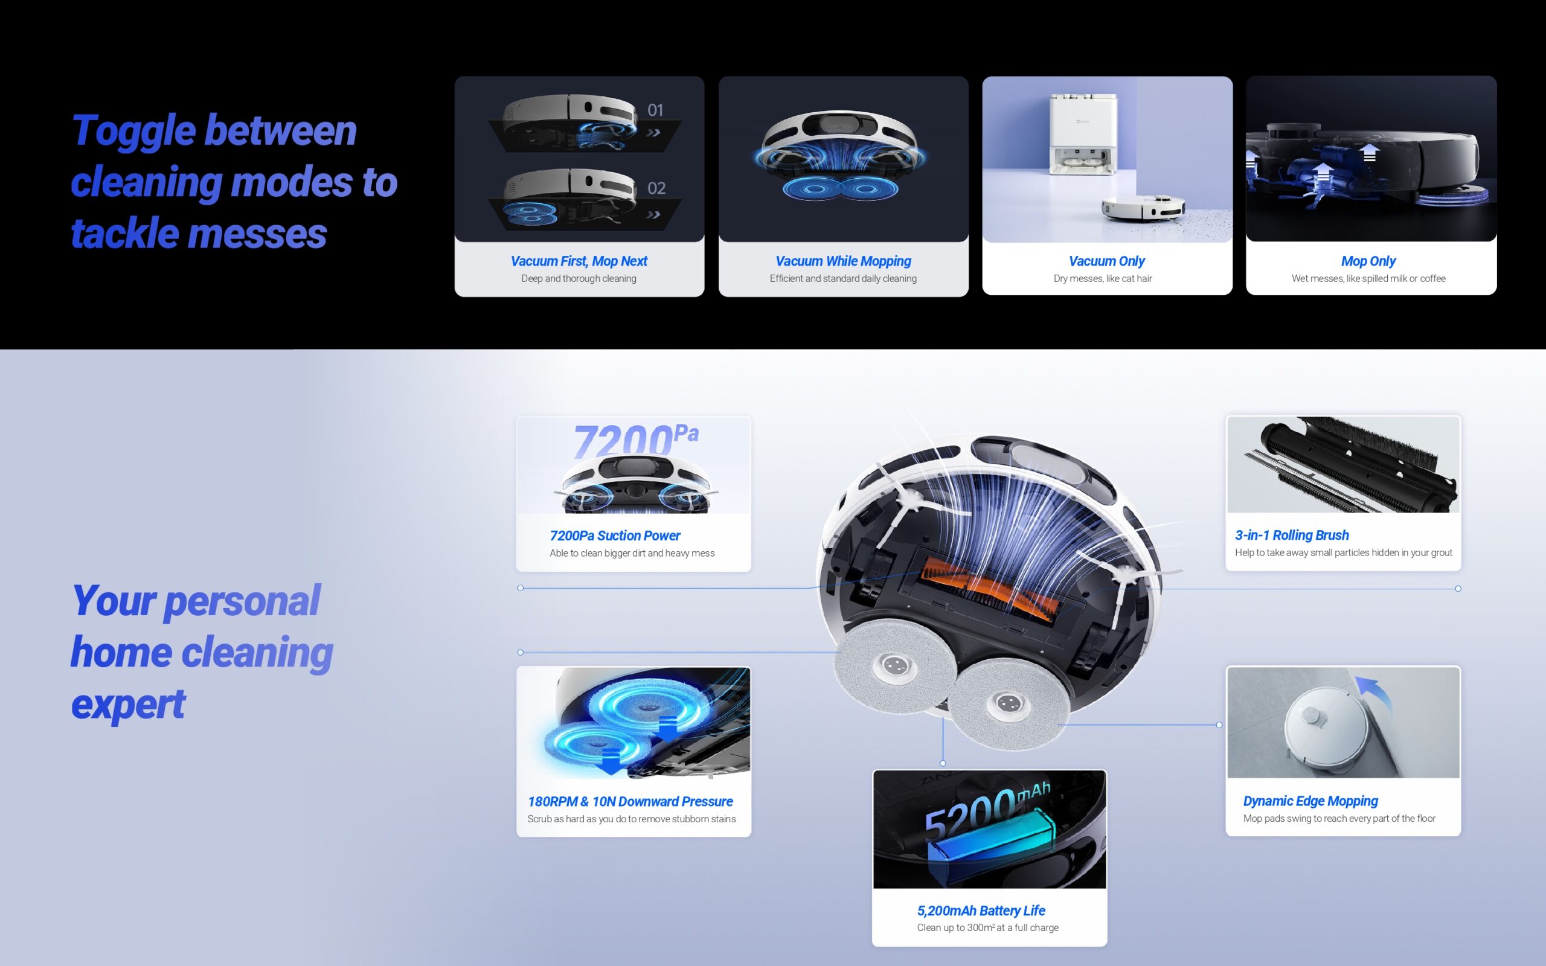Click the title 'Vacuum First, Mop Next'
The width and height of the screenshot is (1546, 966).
pos(579,261)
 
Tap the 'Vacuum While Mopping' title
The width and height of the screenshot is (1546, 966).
pos(843,261)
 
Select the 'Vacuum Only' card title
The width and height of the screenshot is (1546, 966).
pos(1106,261)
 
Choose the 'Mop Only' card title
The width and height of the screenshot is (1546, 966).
pos(1368,261)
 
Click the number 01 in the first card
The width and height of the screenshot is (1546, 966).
pos(655,110)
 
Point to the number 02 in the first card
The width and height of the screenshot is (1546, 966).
pos(656,188)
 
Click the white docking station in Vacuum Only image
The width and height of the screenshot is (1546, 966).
pos(1083,134)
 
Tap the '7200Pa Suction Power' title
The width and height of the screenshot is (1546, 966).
pos(615,536)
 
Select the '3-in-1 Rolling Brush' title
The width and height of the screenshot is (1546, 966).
pos(1292,536)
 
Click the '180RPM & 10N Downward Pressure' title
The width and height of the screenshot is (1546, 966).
pos(630,801)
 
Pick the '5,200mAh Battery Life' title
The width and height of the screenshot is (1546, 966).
pos(981,910)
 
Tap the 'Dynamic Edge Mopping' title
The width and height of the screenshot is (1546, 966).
pos(1310,801)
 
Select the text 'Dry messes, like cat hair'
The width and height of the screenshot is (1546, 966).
pos(1103,278)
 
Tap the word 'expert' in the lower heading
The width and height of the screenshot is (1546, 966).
pos(128,706)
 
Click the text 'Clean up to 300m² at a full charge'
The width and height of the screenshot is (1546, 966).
pos(987,928)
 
